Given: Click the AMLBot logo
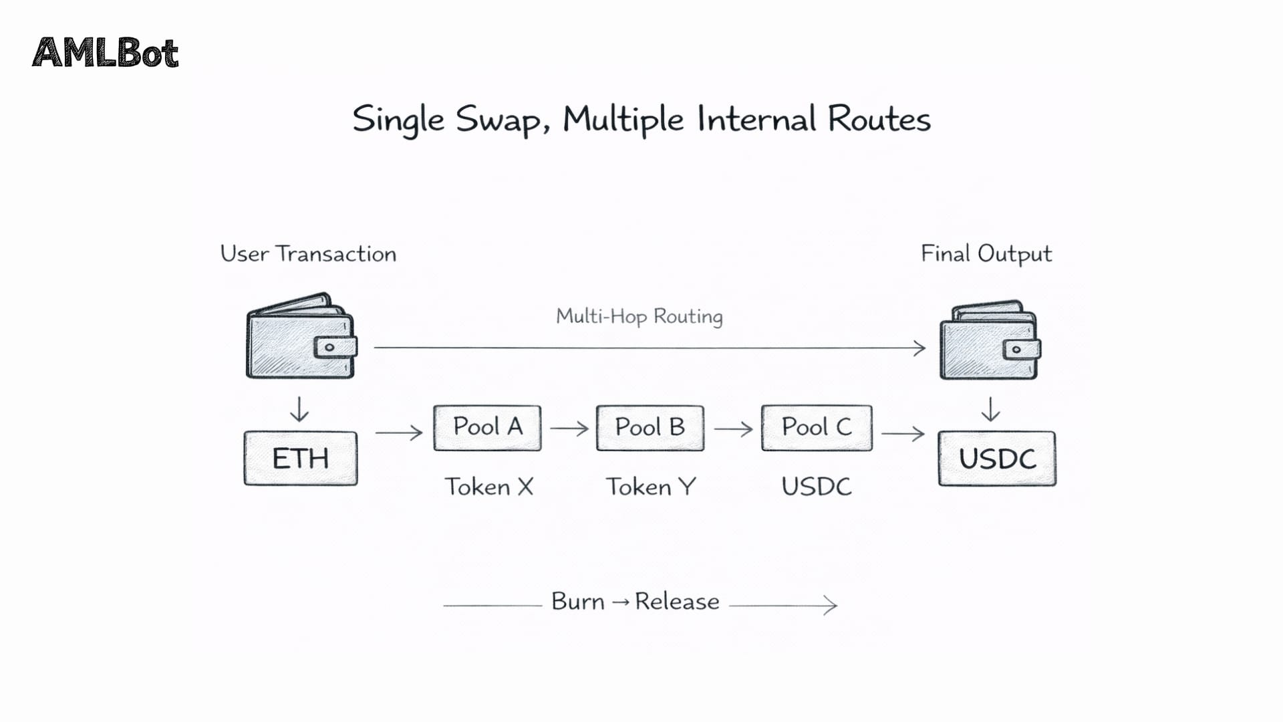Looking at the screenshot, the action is tap(106, 53).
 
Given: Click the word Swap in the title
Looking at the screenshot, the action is tap(497, 120).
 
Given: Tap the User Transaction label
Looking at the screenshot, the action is tap(308, 254).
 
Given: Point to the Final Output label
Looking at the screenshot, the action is tap(986, 254).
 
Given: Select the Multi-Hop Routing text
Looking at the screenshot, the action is tap(639, 316).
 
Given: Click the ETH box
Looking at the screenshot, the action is tap(301, 459).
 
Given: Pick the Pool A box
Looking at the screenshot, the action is tap(487, 428).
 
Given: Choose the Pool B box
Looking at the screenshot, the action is tap(650, 428).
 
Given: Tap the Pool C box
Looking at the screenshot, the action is tap(817, 428).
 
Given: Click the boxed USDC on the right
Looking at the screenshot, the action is tap(997, 459).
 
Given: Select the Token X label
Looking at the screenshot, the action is tap(489, 487).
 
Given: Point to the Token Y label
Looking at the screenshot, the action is tap(651, 487).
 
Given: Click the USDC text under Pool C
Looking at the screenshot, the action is tap(817, 487).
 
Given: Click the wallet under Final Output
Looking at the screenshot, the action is tap(990, 341).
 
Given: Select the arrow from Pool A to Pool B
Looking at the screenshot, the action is tap(569, 428).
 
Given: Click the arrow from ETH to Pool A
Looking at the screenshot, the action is tap(399, 433).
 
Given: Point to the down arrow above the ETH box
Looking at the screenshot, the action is tap(299, 409).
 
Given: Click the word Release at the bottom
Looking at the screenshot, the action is tap(677, 602).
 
